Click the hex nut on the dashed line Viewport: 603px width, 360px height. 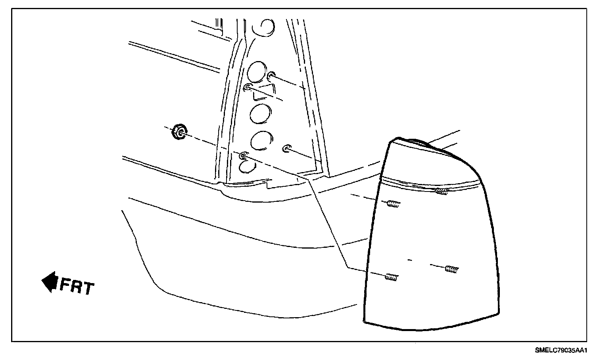[x=179, y=132]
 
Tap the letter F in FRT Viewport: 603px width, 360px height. [x=65, y=285]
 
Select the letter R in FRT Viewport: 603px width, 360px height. [x=77, y=286]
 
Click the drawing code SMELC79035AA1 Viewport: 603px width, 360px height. [x=561, y=350]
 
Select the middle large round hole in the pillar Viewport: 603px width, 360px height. [x=260, y=113]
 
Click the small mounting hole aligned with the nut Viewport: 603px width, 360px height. [x=243, y=156]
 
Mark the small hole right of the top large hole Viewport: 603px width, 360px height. [x=272, y=75]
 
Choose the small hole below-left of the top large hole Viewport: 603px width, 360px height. [x=248, y=87]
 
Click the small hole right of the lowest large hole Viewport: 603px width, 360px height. [x=286, y=149]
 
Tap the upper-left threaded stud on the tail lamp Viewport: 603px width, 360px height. [x=393, y=204]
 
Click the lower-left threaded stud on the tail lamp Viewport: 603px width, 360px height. [x=391, y=277]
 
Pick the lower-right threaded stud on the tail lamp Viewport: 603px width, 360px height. [x=451, y=269]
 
